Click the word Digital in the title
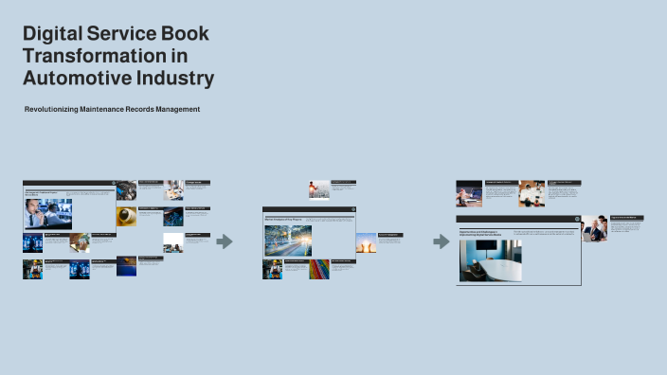[x=53, y=34]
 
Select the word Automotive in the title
[x=75, y=78]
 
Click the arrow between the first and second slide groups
[x=225, y=241]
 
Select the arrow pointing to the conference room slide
[x=441, y=241]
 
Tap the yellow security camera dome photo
[x=126, y=217]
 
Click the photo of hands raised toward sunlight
[x=366, y=242]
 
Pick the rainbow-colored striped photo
[x=320, y=269]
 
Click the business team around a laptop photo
[x=594, y=228]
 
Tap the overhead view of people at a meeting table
[x=532, y=193]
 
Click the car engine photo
[x=126, y=191]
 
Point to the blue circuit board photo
[x=79, y=269]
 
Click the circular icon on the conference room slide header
[x=575, y=219]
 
